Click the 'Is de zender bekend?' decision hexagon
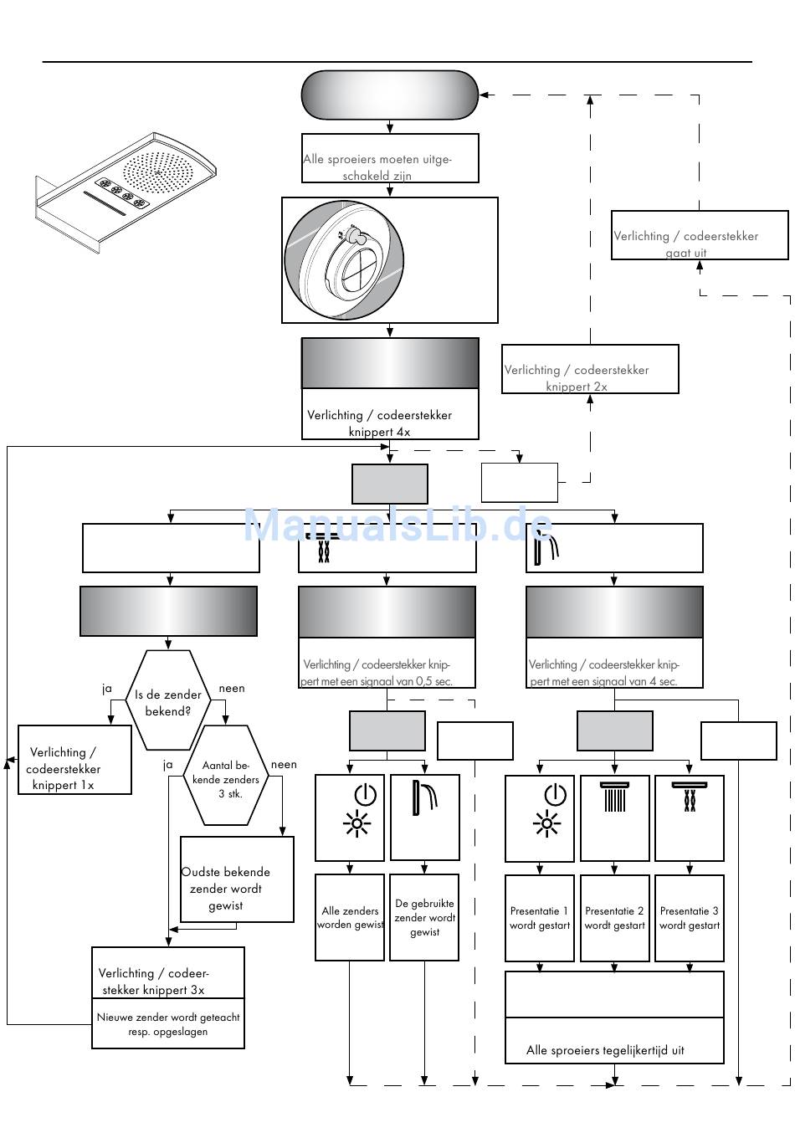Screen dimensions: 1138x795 pyautogui.click(x=168, y=701)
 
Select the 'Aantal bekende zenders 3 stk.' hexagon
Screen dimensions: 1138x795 pyautogui.click(x=226, y=778)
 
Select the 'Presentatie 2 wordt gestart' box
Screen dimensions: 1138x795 pyautogui.click(x=614, y=918)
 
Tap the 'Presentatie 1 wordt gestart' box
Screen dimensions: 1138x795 pyautogui.click(x=540, y=918)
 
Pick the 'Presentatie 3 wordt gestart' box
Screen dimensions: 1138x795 pyautogui.click(x=689, y=918)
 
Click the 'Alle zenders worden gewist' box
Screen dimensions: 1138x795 pyautogui.click(x=350, y=917)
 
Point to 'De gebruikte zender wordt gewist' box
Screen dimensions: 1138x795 pyautogui.click(x=424, y=917)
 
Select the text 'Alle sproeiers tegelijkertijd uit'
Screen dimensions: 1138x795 pyautogui.click(x=605, y=1050)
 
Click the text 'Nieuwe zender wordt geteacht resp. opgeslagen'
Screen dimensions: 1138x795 pyautogui.click(x=168, y=1024)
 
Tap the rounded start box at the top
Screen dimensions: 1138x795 pyautogui.click(x=390, y=95)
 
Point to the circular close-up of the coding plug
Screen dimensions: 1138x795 pyautogui.click(x=345, y=260)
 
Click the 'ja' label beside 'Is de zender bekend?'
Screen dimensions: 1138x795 pyautogui.click(x=107, y=689)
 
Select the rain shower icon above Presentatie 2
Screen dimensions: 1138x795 pyautogui.click(x=614, y=797)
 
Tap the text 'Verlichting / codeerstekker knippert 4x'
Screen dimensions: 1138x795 pyautogui.click(x=379, y=423)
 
